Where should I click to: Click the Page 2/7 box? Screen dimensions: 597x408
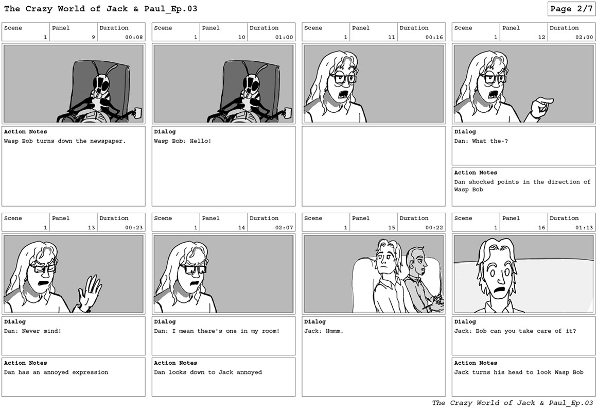click(571, 9)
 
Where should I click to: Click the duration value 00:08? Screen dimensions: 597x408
click(134, 37)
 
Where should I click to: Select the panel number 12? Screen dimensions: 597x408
click(542, 37)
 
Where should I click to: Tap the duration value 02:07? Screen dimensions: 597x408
click(284, 228)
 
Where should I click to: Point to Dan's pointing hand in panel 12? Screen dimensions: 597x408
click(541, 107)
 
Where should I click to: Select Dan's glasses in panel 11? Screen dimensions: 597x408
click(343, 78)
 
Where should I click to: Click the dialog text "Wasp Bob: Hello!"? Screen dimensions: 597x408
click(182, 141)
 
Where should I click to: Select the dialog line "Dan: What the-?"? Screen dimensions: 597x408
click(481, 141)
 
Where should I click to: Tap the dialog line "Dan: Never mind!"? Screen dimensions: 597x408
click(32, 331)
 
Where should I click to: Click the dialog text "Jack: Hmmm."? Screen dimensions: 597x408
click(324, 331)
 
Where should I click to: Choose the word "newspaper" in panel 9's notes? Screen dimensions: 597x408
click(108, 141)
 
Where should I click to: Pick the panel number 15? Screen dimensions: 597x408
click(392, 228)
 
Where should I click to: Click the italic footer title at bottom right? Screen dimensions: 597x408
click(513, 403)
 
